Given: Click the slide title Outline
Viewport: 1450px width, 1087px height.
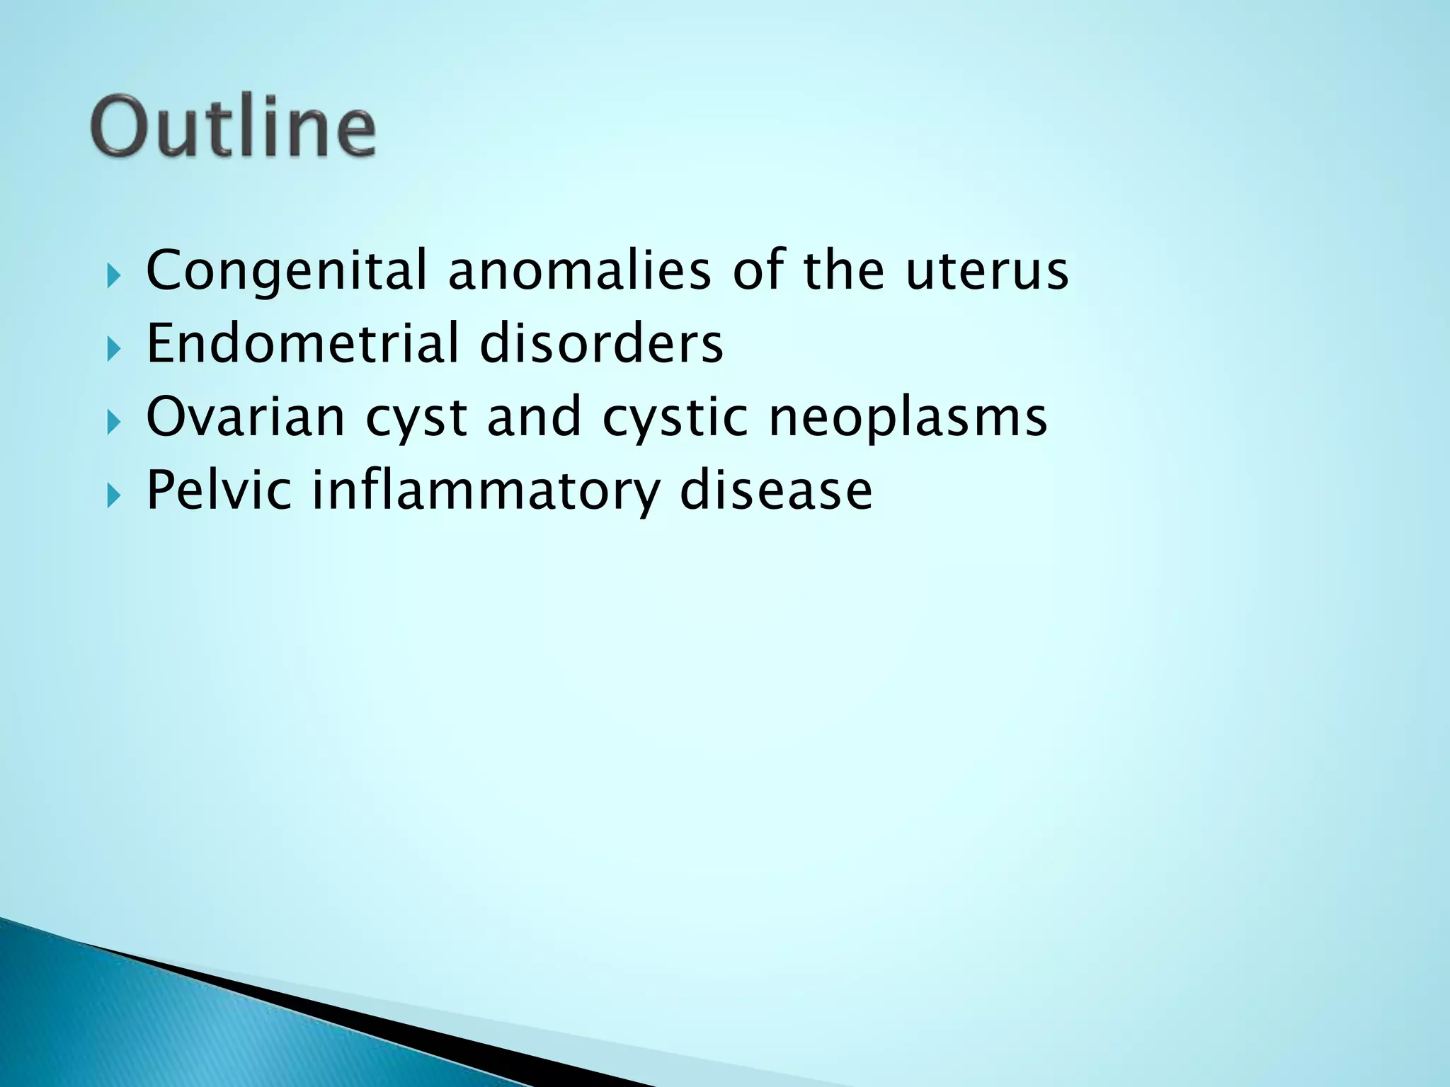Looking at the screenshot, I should point(234,127).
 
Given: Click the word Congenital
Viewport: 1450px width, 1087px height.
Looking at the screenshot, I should point(286,271).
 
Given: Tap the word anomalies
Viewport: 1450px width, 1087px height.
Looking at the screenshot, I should point(579,271).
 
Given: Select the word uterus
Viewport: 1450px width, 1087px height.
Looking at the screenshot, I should point(987,271).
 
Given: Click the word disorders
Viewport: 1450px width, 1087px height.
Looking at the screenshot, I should point(601,344).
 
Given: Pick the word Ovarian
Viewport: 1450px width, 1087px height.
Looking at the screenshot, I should point(245,417).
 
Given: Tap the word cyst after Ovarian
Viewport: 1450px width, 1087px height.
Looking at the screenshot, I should point(416,418).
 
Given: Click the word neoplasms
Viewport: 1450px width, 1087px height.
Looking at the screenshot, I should point(908,418).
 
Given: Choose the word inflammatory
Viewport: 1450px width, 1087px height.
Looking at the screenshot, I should point(486,491).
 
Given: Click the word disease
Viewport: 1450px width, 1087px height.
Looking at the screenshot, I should point(776,490).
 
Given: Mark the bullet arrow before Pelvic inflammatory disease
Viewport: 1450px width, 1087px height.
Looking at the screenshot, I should point(114,495).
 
